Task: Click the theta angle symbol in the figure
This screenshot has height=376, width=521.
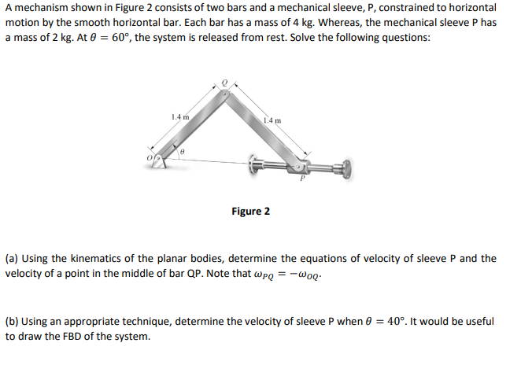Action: click(181, 149)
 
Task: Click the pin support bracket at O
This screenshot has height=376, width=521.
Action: click(159, 161)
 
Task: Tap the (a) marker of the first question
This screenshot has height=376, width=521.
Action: click(11, 258)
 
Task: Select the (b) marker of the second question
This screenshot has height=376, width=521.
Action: click(11, 321)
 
